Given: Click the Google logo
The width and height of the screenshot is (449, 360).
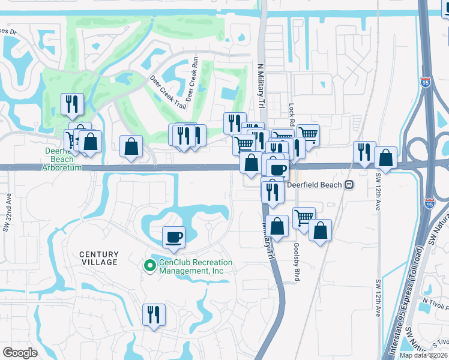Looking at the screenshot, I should pyautogui.click(x=20, y=352).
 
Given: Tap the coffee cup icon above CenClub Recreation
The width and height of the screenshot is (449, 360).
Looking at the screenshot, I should pyautogui.click(x=173, y=236).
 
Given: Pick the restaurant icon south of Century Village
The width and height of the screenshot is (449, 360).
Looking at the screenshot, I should pyautogui.click(x=154, y=314).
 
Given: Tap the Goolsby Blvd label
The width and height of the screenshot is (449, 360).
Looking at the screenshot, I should pyautogui.click(x=296, y=259).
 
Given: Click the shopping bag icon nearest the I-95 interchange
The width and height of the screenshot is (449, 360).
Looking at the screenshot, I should pyautogui.click(x=385, y=158).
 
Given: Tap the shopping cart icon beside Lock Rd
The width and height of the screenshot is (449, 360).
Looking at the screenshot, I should pyautogui.click(x=307, y=134).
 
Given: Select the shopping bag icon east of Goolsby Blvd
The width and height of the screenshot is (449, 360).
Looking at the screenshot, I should pyautogui.click(x=321, y=230).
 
